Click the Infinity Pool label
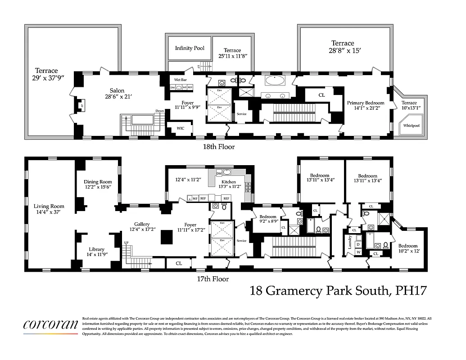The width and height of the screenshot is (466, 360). click(x=190, y=48)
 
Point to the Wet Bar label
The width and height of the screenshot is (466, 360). click(x=181, y=80)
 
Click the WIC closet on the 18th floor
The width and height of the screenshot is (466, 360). click(x=180, y=128)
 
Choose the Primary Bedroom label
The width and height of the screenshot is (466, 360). click(x=366, y=103)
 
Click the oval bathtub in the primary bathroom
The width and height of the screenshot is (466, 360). click(x=275, y=81)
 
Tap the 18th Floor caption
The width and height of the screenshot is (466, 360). click(x=218, y=147)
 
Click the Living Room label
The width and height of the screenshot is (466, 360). click(x=49, y=207)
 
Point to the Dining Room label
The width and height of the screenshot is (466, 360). click(x=98, y=182)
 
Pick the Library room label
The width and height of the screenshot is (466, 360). click(x=96, y=249)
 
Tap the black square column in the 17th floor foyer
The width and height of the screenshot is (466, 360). click(x=167, y=237)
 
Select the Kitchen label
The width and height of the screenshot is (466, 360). click(x=229, y=182)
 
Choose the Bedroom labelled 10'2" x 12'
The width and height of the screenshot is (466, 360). click(x=407, y=246)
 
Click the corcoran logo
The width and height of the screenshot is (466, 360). click(x=51, y=324)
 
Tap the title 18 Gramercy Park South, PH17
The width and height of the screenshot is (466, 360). click(x=338, y=291)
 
